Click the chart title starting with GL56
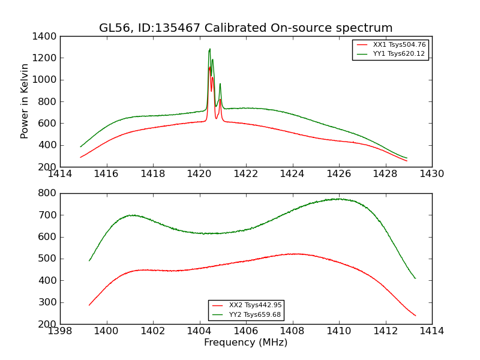(x=246, y=28)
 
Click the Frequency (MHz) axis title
(x=246, y=343)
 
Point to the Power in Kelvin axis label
(x=25, y=101)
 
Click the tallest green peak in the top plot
(x=209, y=49)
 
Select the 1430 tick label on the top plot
(x=431, y=174)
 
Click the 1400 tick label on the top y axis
(x=45, y=37)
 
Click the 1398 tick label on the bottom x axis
(x=61, y=331)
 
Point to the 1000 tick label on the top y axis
(x=45, y=80)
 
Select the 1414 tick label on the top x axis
(x=61, y=174)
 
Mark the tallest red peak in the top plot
(x=209, y=67)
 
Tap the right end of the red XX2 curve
(x=415, y=316)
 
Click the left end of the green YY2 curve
(x=89, y=260)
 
